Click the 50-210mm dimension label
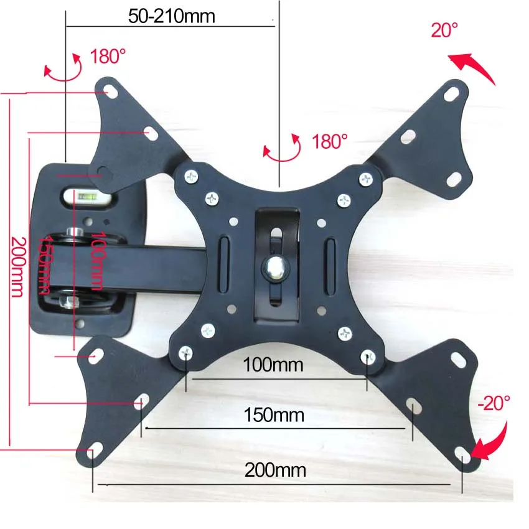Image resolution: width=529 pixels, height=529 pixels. (171, 16)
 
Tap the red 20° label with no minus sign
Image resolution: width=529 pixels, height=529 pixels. (444, 30)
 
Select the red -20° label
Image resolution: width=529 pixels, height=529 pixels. (494, 403)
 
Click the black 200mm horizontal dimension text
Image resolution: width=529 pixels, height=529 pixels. (275, 470)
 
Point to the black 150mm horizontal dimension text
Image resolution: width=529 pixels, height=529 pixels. (274, 415)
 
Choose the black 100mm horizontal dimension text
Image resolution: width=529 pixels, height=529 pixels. (273, 365)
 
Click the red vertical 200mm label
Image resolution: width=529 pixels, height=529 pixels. (18, 266)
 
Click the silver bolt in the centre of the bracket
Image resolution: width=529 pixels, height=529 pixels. (276, 267)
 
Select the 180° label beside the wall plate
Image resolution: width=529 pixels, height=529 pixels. (108, 56)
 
